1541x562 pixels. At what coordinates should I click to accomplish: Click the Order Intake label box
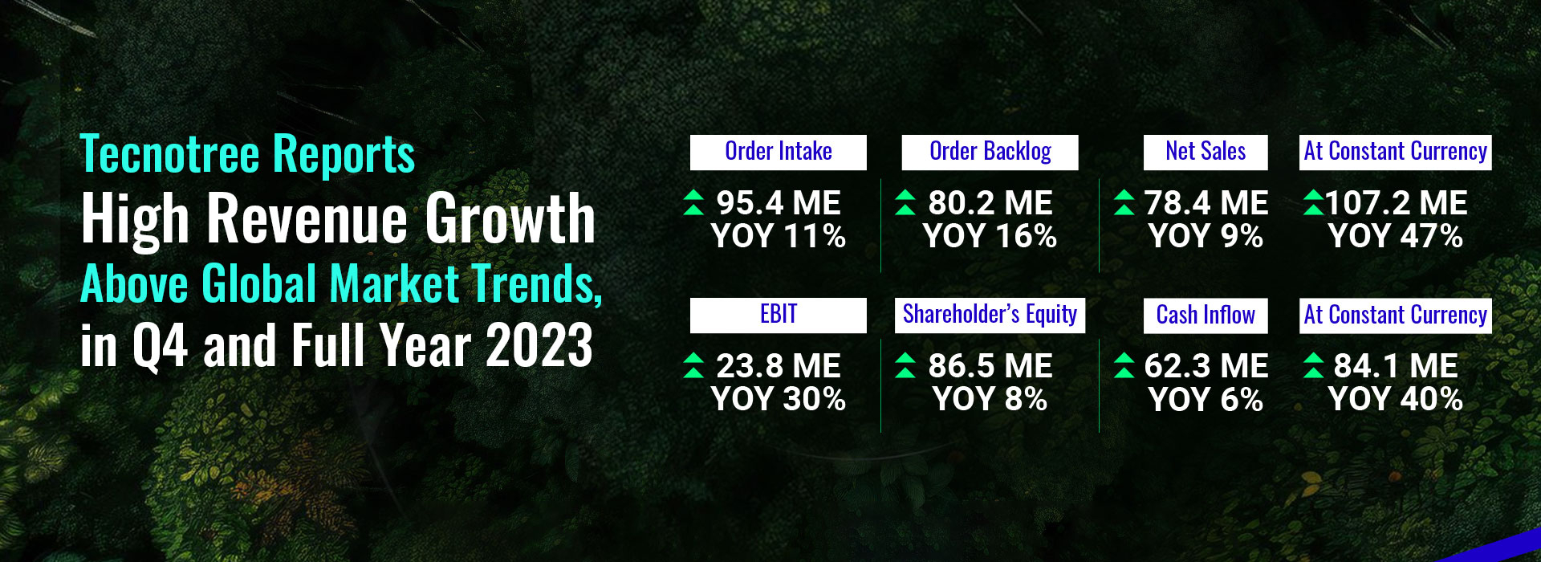coord(778,153)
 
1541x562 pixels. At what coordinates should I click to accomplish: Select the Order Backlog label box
coord(990,153)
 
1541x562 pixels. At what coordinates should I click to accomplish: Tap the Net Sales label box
coord(1206,153)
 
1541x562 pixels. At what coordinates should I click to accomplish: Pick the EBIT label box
coord(778,316)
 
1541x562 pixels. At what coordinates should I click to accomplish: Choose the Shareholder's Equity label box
coord(990,316)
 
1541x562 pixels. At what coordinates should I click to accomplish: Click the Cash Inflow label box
coord(1206,316)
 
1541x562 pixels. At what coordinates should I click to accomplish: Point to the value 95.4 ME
coord(779,203)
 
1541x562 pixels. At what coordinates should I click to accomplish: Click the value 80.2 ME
coord(990,203)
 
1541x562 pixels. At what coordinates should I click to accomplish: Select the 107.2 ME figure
coord(1397,203)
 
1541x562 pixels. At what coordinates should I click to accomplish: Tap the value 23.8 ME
coord(779,366)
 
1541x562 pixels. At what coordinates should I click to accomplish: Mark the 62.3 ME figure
coord(1206,366)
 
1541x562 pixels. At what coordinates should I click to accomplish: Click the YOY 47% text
coord(1396,237)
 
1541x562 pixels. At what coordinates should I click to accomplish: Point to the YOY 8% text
coord(990,400)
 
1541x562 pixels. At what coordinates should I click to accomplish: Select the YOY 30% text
coord(779,400)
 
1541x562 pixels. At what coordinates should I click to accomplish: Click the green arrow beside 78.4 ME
coord(1124,203)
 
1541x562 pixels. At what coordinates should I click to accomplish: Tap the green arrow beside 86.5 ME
coord(905,365)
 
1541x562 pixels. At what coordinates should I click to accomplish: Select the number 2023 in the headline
coord(540,346)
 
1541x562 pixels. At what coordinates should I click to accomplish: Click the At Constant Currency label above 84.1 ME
coord(1396,316)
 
